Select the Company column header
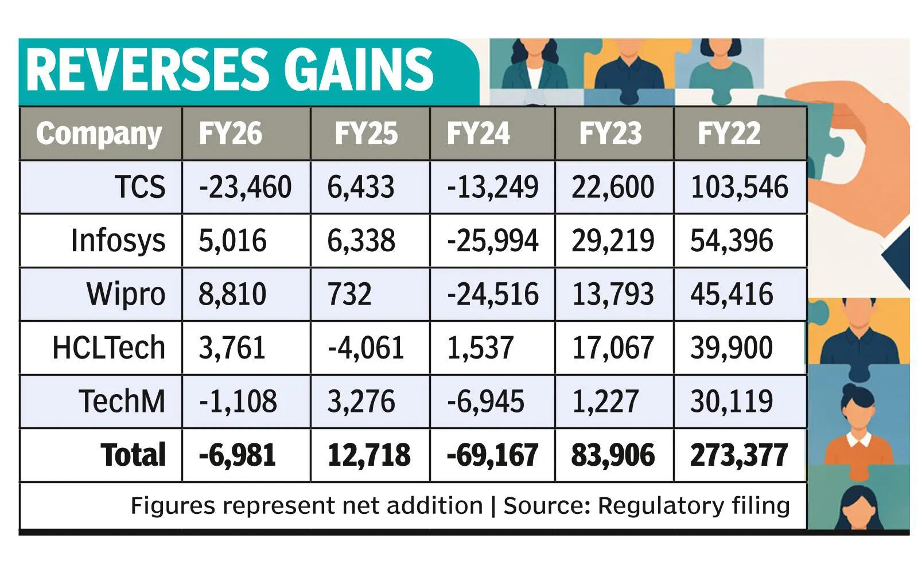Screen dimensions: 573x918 [99, 134]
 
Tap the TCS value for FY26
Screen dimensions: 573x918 [245, 188]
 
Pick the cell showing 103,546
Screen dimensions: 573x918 [739, 188]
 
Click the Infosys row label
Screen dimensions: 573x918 [118, 241]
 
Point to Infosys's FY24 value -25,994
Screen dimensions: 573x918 [492, 241]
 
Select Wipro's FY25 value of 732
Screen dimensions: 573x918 [349, 294]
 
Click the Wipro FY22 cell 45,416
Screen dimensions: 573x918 [732, 294]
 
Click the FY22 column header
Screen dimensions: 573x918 [729, 134]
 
